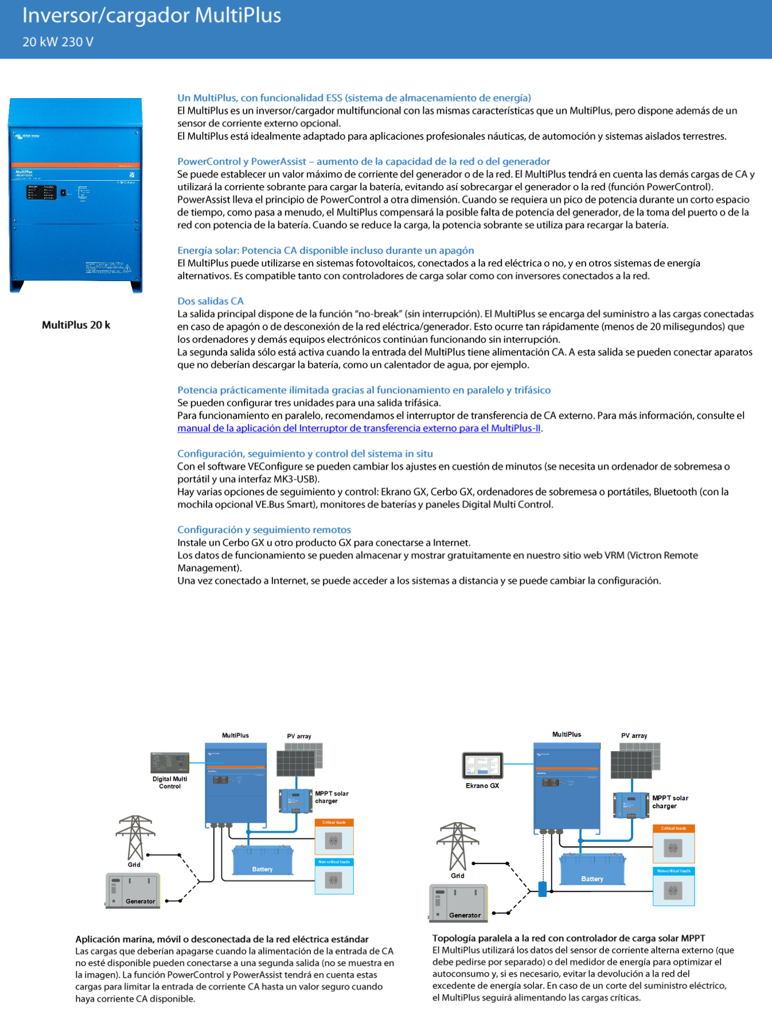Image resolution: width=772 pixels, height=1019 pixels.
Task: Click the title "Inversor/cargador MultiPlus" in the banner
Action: [x=151, y=15]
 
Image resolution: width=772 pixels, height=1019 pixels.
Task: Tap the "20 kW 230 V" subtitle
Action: [x=57, y=42]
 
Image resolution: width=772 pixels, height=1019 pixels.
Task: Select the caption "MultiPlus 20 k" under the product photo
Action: [x=76, y=325]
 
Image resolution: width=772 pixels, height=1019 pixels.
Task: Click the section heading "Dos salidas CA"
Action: [x=210, y=301]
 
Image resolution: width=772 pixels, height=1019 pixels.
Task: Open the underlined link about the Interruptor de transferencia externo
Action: [x=358, y=428]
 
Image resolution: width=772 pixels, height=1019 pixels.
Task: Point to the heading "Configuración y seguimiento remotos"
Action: [x=264, y=530]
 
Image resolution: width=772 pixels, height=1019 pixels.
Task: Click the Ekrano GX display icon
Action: [x=482, y=765]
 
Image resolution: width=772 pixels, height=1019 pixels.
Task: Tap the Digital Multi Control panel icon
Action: [x=169, y=763]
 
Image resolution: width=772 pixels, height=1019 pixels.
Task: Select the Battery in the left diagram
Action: [x=263, y=860]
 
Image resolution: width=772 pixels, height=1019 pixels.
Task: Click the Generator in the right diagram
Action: [x=458, y=903]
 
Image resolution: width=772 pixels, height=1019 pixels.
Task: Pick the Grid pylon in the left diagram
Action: [x=135, y=837]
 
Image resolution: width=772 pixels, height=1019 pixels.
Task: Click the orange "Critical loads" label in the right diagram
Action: [x=673, y=829]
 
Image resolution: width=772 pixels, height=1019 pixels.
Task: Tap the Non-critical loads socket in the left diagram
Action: [x=334, y=880]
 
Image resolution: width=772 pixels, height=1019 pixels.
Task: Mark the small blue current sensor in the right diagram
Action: [x=542, y=889]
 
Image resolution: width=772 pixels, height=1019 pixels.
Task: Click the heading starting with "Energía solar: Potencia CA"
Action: [x=325, y=250]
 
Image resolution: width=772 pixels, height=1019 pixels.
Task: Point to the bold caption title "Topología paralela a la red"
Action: [x=568, y=938]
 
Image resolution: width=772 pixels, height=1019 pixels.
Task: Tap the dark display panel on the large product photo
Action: [x=42, y=192]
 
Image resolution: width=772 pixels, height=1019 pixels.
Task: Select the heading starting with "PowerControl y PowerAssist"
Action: [x=363, y=161]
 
